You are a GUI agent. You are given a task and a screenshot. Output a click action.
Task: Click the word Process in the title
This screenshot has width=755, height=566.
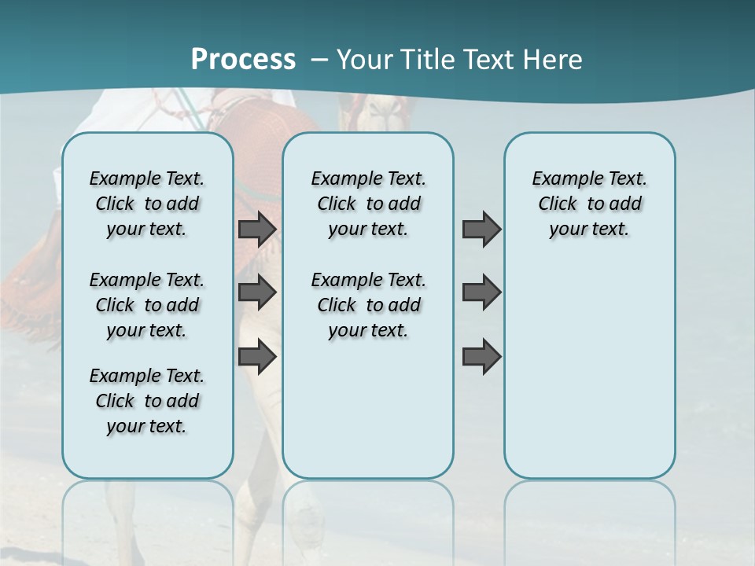coord(243,59)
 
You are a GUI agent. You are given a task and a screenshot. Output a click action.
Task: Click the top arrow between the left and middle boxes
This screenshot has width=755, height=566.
coord(257,229)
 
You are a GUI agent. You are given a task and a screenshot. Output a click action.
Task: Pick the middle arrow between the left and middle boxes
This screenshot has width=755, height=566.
coord(257,292)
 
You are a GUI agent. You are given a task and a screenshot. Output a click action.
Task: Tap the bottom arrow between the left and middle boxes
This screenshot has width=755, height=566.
coord(257,357)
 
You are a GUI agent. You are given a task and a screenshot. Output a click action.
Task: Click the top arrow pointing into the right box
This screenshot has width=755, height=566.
coord(481,229)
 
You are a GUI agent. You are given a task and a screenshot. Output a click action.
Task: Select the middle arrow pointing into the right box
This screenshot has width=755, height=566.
coord(481,292)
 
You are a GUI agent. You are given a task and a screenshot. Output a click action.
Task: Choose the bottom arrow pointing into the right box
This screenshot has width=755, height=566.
coord(481,357)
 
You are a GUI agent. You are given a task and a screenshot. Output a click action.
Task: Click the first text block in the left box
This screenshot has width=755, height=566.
coord(147,204)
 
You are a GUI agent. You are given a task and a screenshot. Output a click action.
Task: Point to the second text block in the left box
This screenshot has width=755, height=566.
coord(147,305)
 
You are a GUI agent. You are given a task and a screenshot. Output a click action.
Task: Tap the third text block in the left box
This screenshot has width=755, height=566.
coord(147,401)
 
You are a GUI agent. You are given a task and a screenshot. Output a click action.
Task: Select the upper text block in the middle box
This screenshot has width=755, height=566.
coord(368,204)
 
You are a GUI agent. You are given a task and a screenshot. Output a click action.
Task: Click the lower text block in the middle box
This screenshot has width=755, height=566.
coord(368,305)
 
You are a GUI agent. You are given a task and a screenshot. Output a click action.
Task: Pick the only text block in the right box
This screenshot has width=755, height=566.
coord(589,204)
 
